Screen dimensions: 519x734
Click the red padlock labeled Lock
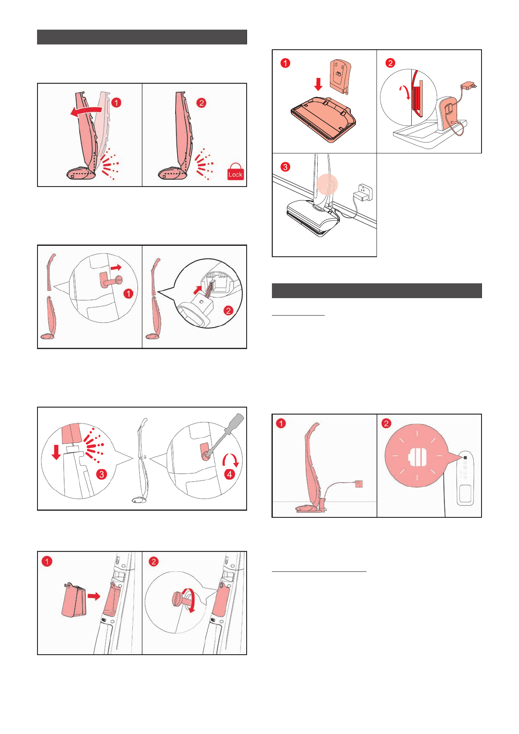click(x=235, y=172)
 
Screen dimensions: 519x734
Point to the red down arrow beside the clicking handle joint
click(x=56, y=452)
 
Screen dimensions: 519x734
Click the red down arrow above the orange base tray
click(x=318, y=84)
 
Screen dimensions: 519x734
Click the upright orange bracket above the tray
click(x=340, y=77)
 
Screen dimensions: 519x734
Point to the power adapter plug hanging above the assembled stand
click(x=468, y=87)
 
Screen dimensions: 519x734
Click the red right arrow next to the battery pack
click(x=94, y=596)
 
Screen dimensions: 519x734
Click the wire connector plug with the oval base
click(x=196, y=308)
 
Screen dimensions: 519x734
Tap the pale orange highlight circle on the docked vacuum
click(x=327, y=184)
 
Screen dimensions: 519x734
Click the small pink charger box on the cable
click(x=359, y=484)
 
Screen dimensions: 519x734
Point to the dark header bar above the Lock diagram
click(x=142, y=37)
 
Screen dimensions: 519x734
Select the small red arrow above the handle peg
click(x=116, y=268)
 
